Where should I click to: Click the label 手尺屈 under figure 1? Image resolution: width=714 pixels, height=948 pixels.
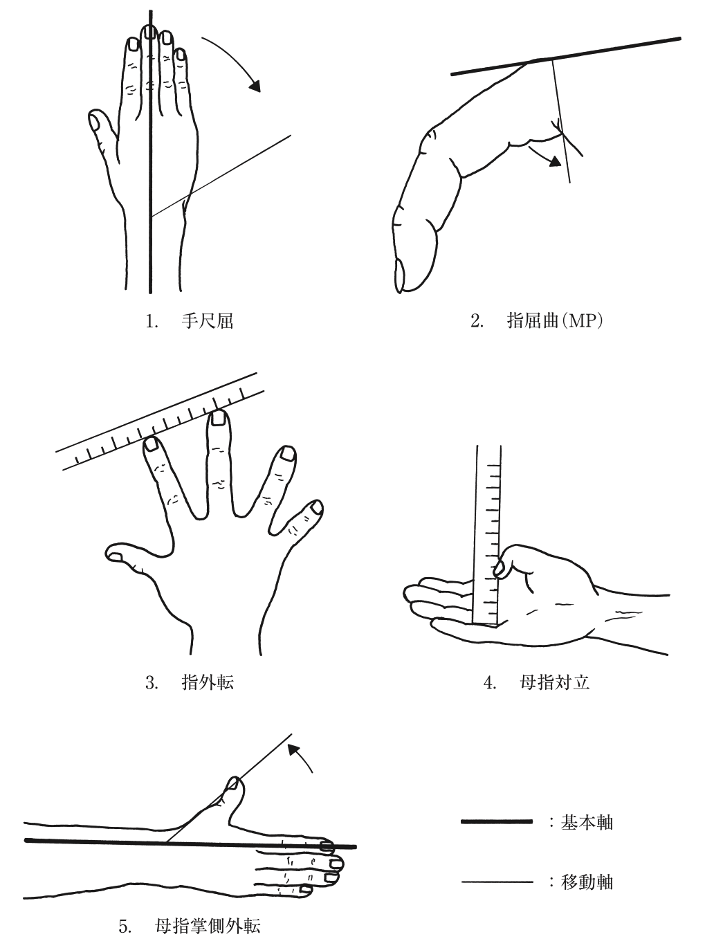(x=207, y=321)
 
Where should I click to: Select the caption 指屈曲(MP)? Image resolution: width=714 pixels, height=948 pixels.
(x=555, y=321)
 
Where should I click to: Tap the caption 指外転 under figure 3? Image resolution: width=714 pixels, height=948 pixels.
(x=208, y=682)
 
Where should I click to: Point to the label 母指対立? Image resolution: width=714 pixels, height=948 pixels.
(x=555, y=682)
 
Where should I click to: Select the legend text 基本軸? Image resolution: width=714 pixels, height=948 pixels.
(x=587, y=822)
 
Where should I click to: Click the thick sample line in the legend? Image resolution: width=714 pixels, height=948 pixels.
(x=497, y=821)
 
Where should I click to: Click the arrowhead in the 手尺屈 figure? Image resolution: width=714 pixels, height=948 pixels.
(x=255, y=86)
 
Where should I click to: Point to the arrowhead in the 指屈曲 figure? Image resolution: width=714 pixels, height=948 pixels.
(x=556, y=161)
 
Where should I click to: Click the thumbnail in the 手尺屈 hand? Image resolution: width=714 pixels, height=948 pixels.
(x=94, y=122)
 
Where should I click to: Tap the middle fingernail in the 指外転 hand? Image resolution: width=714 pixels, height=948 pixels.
(x=217, y=418)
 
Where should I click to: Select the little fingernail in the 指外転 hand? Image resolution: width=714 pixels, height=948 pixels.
(x=317, y=507)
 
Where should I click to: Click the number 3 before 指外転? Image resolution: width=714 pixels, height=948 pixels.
(x=151, y=683)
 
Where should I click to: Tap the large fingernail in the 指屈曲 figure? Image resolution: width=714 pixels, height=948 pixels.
(x=400, y=275)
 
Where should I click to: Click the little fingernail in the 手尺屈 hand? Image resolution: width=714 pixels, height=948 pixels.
(x=181, y=55)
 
